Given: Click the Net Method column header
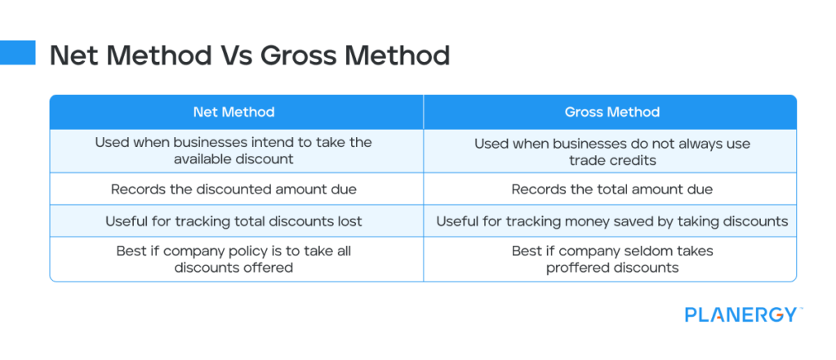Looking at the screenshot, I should (233, 112).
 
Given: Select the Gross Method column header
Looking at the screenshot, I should (611, 112).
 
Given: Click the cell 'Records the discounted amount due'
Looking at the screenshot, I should (233, 189).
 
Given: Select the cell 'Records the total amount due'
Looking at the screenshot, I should (611, 189).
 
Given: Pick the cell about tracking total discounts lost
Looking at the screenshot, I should (233, 221).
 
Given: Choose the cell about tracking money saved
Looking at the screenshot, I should (611, 221).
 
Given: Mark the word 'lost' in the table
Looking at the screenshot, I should (349, 221).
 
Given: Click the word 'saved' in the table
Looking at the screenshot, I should (664, 221).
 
